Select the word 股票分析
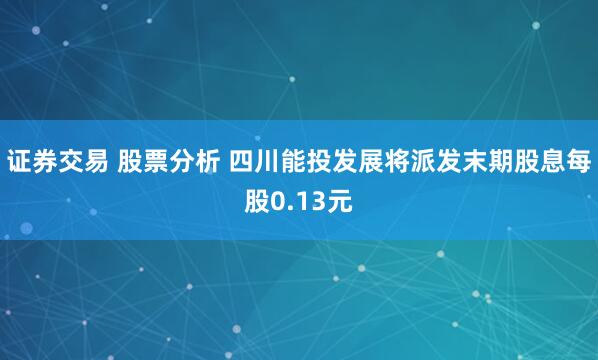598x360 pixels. coord(167,160)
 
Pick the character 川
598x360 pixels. coord(267,160)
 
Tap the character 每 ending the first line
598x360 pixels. coord(579,160)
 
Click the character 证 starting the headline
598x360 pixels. coord(19,160)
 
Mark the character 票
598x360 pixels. coord(154,160)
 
